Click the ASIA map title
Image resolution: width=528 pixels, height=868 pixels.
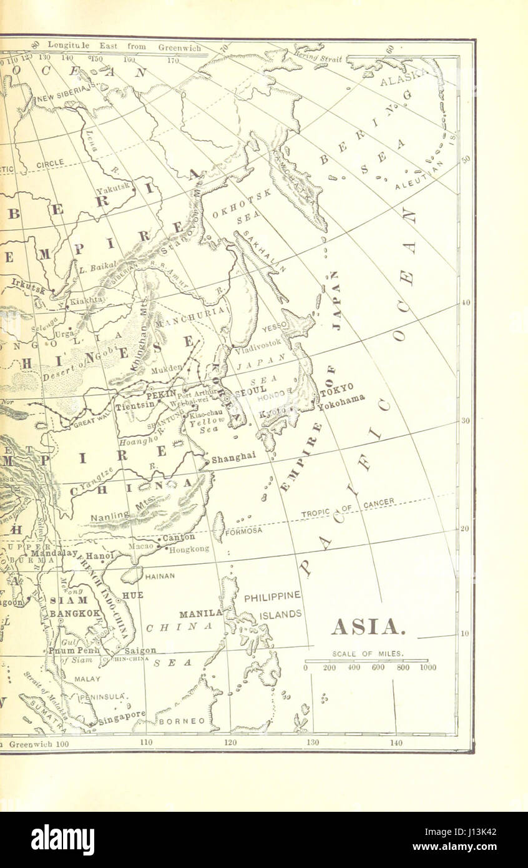point(368,626)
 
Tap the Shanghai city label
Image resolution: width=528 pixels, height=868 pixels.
point(233,458)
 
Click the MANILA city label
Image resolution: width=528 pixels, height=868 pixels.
point(200,613)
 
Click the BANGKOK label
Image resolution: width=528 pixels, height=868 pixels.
point(75,613)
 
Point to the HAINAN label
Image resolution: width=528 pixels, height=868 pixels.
point(160,576)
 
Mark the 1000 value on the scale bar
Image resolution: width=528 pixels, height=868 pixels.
point(428,668)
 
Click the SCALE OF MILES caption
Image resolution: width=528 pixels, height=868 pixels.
point(368,654)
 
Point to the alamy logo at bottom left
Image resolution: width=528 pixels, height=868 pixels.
point(62,840)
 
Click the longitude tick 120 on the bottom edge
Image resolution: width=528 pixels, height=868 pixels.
point(230,742)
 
